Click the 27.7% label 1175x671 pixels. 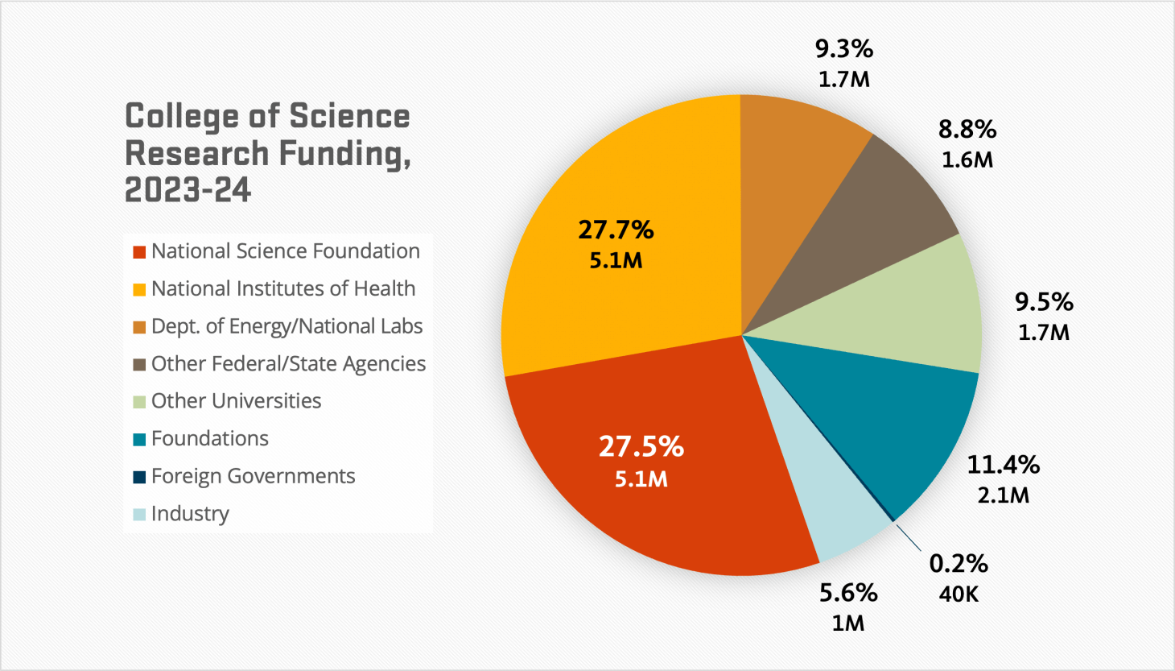pos(616,230)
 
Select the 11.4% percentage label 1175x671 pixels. pos(1003,465)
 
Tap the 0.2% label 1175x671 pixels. pos(959,564)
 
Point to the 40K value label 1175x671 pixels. pos(959,594)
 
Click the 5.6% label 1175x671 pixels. pos(848,593)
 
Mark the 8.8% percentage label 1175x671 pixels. pos(967,130)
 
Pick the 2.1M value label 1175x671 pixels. pos(1003,495)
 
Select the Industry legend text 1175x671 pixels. pos(190,514)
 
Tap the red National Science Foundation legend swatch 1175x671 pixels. pos(139,252)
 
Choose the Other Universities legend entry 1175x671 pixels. pos(236,401)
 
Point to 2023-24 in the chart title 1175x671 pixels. pos(188,190)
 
